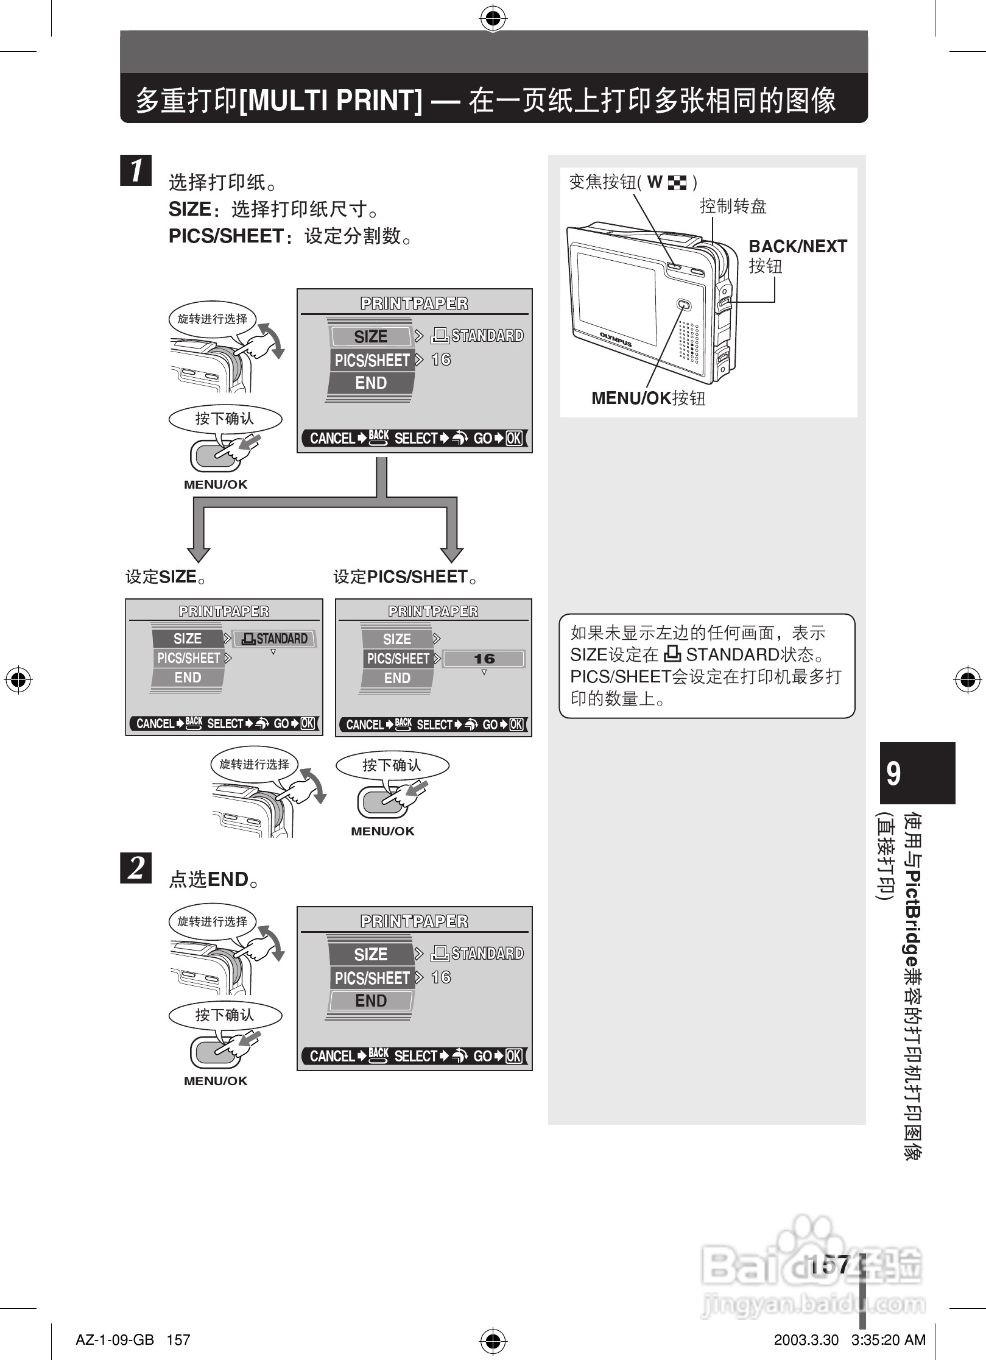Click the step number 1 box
[136, 170]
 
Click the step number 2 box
[136, 868]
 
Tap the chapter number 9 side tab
[917, 773]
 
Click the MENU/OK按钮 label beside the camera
[648, 398]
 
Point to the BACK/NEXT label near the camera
[797, 247]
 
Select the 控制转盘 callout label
[733, 207]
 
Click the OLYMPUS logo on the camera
[615, 339]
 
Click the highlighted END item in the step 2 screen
[371, 1001]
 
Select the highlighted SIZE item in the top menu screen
[371, 336]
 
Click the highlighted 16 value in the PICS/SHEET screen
[484, 659]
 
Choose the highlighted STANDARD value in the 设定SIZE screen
[275, 639]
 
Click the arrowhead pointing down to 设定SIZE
[199, 554]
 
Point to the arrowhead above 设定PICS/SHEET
[452, 554]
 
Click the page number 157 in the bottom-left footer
[178, 1339]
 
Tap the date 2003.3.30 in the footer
[806, 1339]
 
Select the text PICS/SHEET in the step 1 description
[226, 236]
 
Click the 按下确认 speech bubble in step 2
[225, 1015]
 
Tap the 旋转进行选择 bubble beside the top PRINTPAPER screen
[213, 319]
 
